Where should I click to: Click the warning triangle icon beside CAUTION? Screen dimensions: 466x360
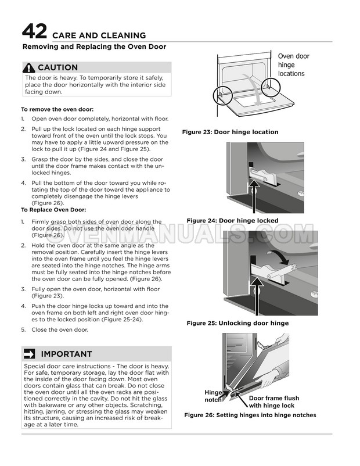click(30, 67)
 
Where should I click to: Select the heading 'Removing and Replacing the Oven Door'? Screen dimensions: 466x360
click(93, 46)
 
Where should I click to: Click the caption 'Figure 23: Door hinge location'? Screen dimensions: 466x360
click(230, 132)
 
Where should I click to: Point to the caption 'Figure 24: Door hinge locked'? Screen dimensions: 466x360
click(232, 220)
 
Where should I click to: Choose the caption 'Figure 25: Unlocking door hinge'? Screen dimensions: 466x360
click(237, 322)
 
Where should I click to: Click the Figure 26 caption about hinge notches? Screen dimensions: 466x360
click(250, 415)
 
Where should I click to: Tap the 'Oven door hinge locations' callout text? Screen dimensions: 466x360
click(294, 65)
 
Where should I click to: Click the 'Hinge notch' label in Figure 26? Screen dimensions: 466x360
click(213, 396)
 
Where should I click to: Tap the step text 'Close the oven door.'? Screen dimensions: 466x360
click(61, 329)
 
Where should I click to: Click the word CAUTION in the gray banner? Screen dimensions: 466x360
click(57, 68)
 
